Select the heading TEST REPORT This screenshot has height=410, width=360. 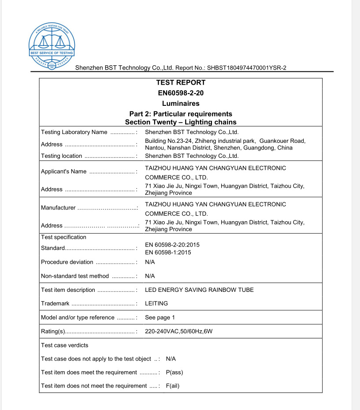click(x=181, y=82)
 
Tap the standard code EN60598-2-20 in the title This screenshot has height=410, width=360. click(x=181, y=93)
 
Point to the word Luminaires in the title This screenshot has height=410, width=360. click(x=181, y=104)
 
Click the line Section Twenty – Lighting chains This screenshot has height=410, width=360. click(x=181, y=122)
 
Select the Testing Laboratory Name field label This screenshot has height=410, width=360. click(x=74, y=132)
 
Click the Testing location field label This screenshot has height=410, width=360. click(x=61, y=156)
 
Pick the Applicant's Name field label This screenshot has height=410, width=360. click(x=63, y=171)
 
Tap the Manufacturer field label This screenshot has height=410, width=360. click(x=58, y=208)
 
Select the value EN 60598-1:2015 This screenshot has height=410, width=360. click(x=168, y=253)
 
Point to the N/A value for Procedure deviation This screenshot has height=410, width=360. click(x=150, y=262)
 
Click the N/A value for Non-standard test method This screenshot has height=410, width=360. click(x=150, y=276)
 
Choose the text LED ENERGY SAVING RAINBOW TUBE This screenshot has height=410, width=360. click(x=199, y=290)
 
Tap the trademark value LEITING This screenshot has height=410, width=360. click(x=156, y=304)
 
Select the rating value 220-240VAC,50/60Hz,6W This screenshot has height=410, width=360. click(x=182, y=332)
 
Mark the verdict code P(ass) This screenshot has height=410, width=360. click(x=174, y=373)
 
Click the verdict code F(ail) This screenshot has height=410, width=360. click(x=173, y=386)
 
